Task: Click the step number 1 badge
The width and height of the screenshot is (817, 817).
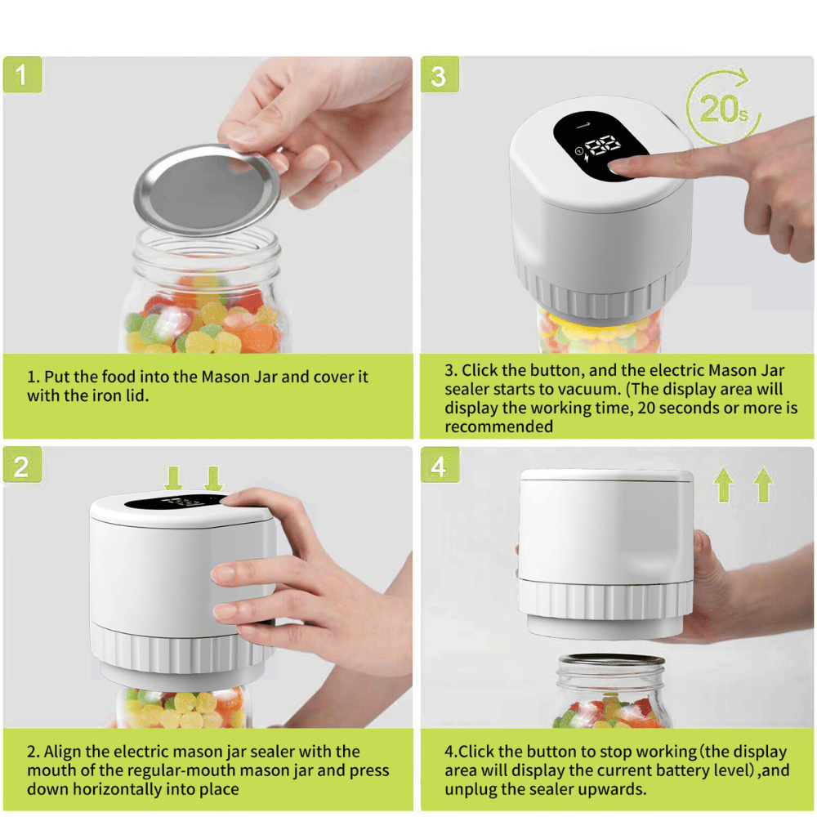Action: click(x=22, y=76)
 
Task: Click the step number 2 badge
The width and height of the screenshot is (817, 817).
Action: click(x=22, y=467)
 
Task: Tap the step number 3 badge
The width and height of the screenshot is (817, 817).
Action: click(x=440, y=76)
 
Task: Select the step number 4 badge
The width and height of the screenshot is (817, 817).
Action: click(x=440, y=467)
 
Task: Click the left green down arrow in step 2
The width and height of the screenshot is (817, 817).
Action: click(x=173, y=478)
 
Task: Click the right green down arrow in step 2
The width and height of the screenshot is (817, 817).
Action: click(x=213, y=478)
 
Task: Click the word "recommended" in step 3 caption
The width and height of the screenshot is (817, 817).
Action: click(x=498, y=426)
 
